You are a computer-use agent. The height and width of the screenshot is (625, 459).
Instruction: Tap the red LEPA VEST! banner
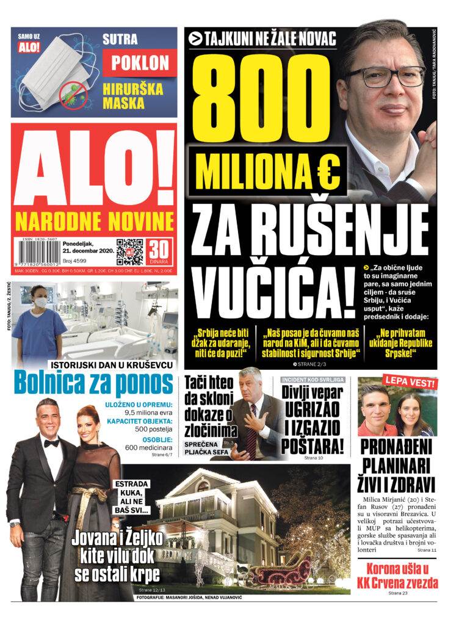[x=410, y=383]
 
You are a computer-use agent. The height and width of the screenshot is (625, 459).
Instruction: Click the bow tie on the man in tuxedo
[x=51, y=443]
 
